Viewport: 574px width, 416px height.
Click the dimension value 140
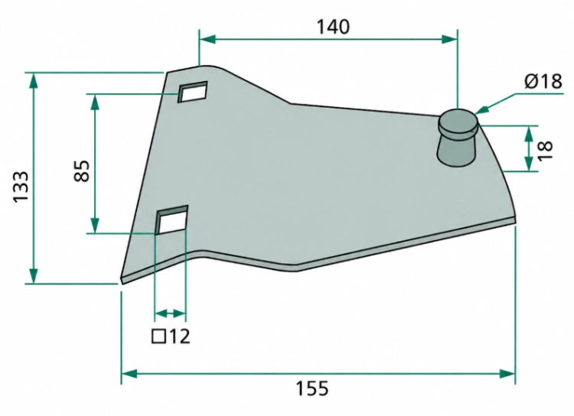tap(333, 27)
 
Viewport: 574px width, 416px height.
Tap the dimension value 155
tap(312, 388)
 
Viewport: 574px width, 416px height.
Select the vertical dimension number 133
tap(21, 187)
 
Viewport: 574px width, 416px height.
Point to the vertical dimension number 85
tap(82, 171)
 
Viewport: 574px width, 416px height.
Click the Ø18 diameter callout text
tap(543, 81)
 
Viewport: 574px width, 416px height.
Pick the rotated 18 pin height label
tap(545, 150)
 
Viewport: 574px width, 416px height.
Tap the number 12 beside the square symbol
tap(180, 336)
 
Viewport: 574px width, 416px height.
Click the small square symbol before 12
tap(158, 336)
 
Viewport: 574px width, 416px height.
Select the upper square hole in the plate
tap(193, 92)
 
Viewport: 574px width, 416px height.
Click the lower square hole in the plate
tap(171, 219)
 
